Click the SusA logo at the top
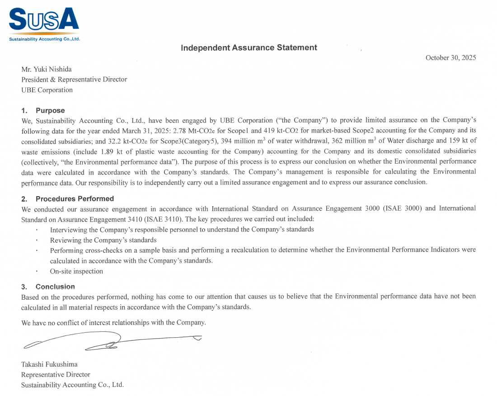[44, 21]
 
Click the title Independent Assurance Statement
[249, 48]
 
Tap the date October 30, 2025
[450, 58]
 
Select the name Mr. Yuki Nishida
[47, 69]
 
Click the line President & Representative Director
[74, 80]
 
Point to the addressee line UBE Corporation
[47, 90]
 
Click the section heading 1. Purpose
[43, 111]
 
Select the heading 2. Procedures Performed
[68, 199]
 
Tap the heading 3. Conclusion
[48, 287]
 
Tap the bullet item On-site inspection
[76, 271]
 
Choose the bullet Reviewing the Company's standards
[103, 240]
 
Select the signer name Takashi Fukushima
[49, 364]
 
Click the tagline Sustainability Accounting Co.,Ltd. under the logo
[44, 39]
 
